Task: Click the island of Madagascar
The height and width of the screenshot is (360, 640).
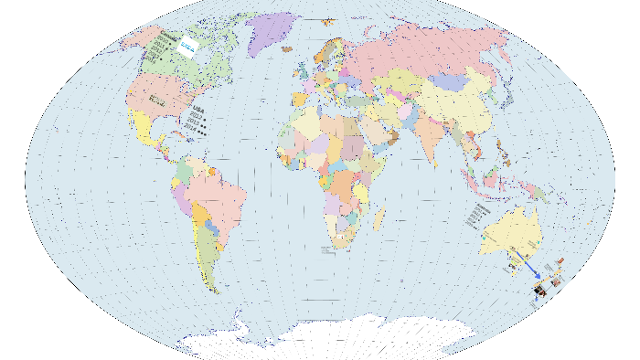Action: click(x=378, y=219)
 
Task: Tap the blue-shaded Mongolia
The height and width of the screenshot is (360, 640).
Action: click(x=449, y=82)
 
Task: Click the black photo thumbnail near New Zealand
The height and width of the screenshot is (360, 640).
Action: click(x=540, y=291)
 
